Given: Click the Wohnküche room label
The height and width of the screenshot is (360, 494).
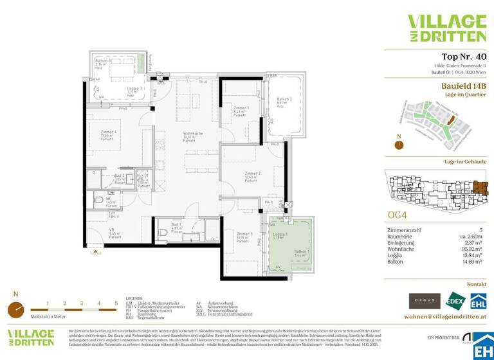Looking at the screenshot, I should [x=193, y=134].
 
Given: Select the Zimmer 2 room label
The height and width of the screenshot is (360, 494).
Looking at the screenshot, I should [x=252, y=174].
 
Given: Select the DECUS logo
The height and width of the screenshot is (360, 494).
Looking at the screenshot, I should [x=425, y=300].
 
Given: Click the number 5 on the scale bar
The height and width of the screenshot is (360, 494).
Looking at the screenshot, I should [x=116, y=303].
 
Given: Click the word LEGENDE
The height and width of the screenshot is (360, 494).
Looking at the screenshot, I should [x=134, y=299].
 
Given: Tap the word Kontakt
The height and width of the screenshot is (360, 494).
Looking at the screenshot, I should [x=477, y=283].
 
